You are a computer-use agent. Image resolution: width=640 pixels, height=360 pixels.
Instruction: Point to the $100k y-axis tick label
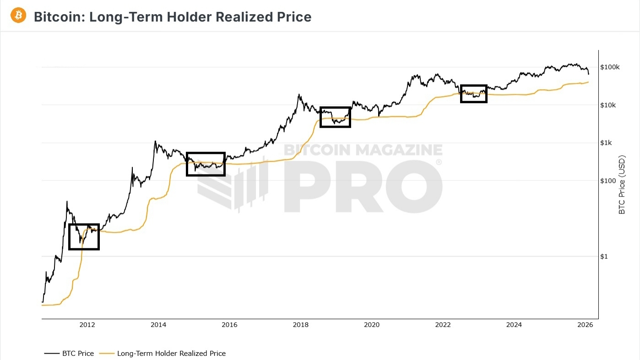pyautogui.click(x=610, y=67)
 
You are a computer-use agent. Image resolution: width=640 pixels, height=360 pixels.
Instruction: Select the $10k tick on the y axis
pyautogui.click(x=609, y=105)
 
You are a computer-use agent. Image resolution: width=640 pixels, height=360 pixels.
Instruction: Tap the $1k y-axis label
pyautogui.click(x=607, y=143)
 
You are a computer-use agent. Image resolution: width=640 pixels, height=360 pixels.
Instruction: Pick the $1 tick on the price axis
pyautogui.click(x=604, y=256)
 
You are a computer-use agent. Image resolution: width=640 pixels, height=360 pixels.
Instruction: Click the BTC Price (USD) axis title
pyautogui.click(x=622, y=185)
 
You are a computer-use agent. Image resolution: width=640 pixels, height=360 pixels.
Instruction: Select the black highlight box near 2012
pyautogui.click(x=84, y=237)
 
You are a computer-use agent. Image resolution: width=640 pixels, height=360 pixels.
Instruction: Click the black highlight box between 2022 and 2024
pyautogui.click(x=473, y=93)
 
